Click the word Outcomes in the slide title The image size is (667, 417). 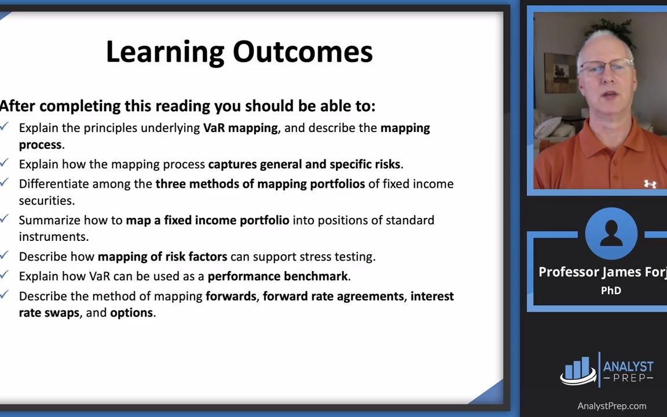[x=302, y=52]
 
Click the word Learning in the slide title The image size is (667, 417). [x=165, y=53]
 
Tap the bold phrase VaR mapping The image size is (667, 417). [x=240, y=128]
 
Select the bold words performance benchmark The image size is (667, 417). [x=277, y=276]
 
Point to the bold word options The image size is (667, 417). [x=131, y=313]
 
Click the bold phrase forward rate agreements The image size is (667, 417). [x=333, y=296]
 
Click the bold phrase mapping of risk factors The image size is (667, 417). [x=163, y=257]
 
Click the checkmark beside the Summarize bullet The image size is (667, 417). [x=4, y=219]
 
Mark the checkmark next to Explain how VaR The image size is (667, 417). [x=4, y=275]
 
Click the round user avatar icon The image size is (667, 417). [x=611, y=233]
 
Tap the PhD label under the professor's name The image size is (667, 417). [x=611, y=291]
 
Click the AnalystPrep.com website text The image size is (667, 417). [x=611, y=406]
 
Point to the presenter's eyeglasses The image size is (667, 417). [x=606, y=67]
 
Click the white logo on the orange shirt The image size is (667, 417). [x=650, y=184]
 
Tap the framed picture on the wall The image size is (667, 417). [x=560, y=73]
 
